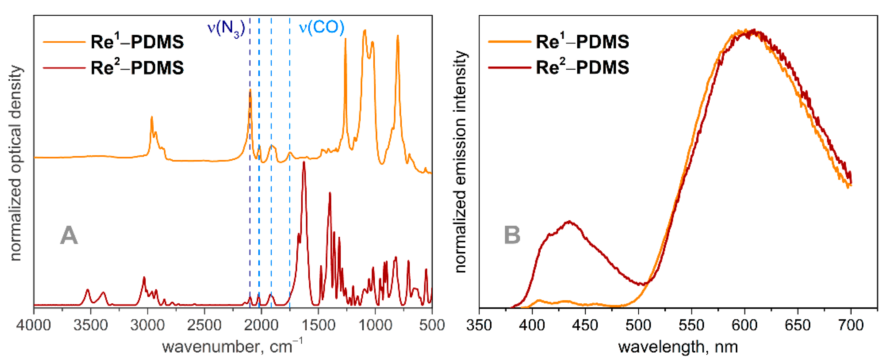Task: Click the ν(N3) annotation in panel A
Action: (226, 28)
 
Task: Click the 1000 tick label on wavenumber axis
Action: (375, 325)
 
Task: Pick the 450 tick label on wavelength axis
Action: (585, 325)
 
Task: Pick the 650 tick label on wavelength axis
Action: (798, 325)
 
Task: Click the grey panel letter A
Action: (69, 235)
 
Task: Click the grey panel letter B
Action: (512, 235)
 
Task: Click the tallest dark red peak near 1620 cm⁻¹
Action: (304, 163)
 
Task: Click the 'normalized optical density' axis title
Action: (16, 162)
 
